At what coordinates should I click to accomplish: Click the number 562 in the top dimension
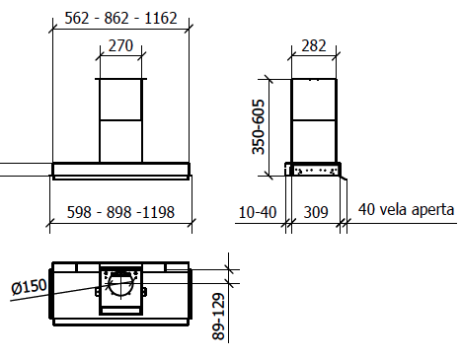pyautogui.click(x=77, y=18)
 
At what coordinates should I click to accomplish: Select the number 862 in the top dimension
pyautogui.click(x=116, y=18)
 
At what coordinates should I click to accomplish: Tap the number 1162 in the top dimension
pyautogui.click(x=161, y=18)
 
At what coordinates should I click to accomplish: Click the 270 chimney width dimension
pyautogui.click(x=120, y=45)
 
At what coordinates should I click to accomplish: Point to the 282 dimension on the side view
pyautogui.click(x=314, y=45)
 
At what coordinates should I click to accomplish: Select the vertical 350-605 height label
pyautogui.click(x=259, y=127)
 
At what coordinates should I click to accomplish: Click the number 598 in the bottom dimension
pyautogui.click(x=79, y=212)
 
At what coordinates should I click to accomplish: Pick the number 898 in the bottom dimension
pyautogui.click(x=118, y=212)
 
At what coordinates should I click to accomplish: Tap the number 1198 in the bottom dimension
pyautogui.click(x=158, y=212)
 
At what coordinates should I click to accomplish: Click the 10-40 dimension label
pyautogui.click(x=258, y=212)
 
